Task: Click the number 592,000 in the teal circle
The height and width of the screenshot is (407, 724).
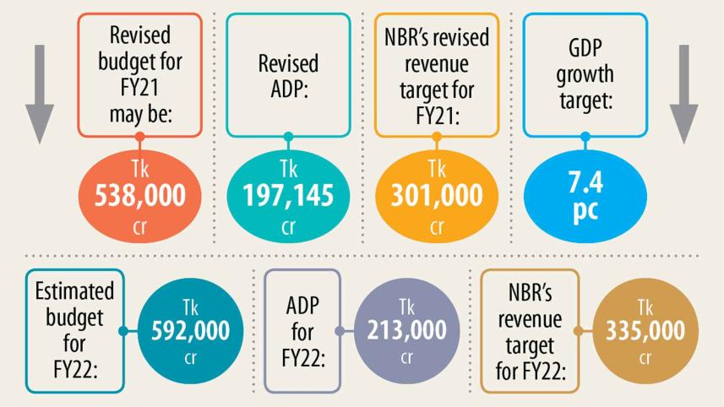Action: pyautogui.click(x=190, y=331)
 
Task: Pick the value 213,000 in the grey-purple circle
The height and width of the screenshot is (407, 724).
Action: pyautogui.click(x=407, y=331)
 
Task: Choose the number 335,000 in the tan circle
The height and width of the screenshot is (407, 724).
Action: pyautogui.click(x=645, y=331)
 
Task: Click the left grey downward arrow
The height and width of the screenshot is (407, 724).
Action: pyautogui.click(x=39, y=93)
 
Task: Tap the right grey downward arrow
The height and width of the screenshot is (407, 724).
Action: pyautogui.click(x=683, y=93)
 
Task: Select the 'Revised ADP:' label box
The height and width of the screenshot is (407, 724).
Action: pyautogui.click(x=288, y=75)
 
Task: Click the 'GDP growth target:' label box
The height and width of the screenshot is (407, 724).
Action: pyautogui.click(x=585, y=75)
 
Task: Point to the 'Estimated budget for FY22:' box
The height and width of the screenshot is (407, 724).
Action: pyautogui.click(x=74, y=330)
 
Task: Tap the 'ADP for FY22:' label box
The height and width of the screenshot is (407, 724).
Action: pyautogui.click(x=302, y=330)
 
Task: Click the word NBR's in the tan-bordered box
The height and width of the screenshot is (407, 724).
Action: pyautogui.click(x=531, y=294)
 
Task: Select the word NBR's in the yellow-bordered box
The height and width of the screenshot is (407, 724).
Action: pyautogui.click(x=437, y=39)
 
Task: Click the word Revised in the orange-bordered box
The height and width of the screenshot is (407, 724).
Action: pyautogui.click(x=140, y=35)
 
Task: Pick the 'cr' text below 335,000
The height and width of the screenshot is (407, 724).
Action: pyautogui.click(x=645, y=357)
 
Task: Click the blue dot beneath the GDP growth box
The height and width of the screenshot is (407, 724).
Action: pyautogui.click(x=585, y=137)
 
